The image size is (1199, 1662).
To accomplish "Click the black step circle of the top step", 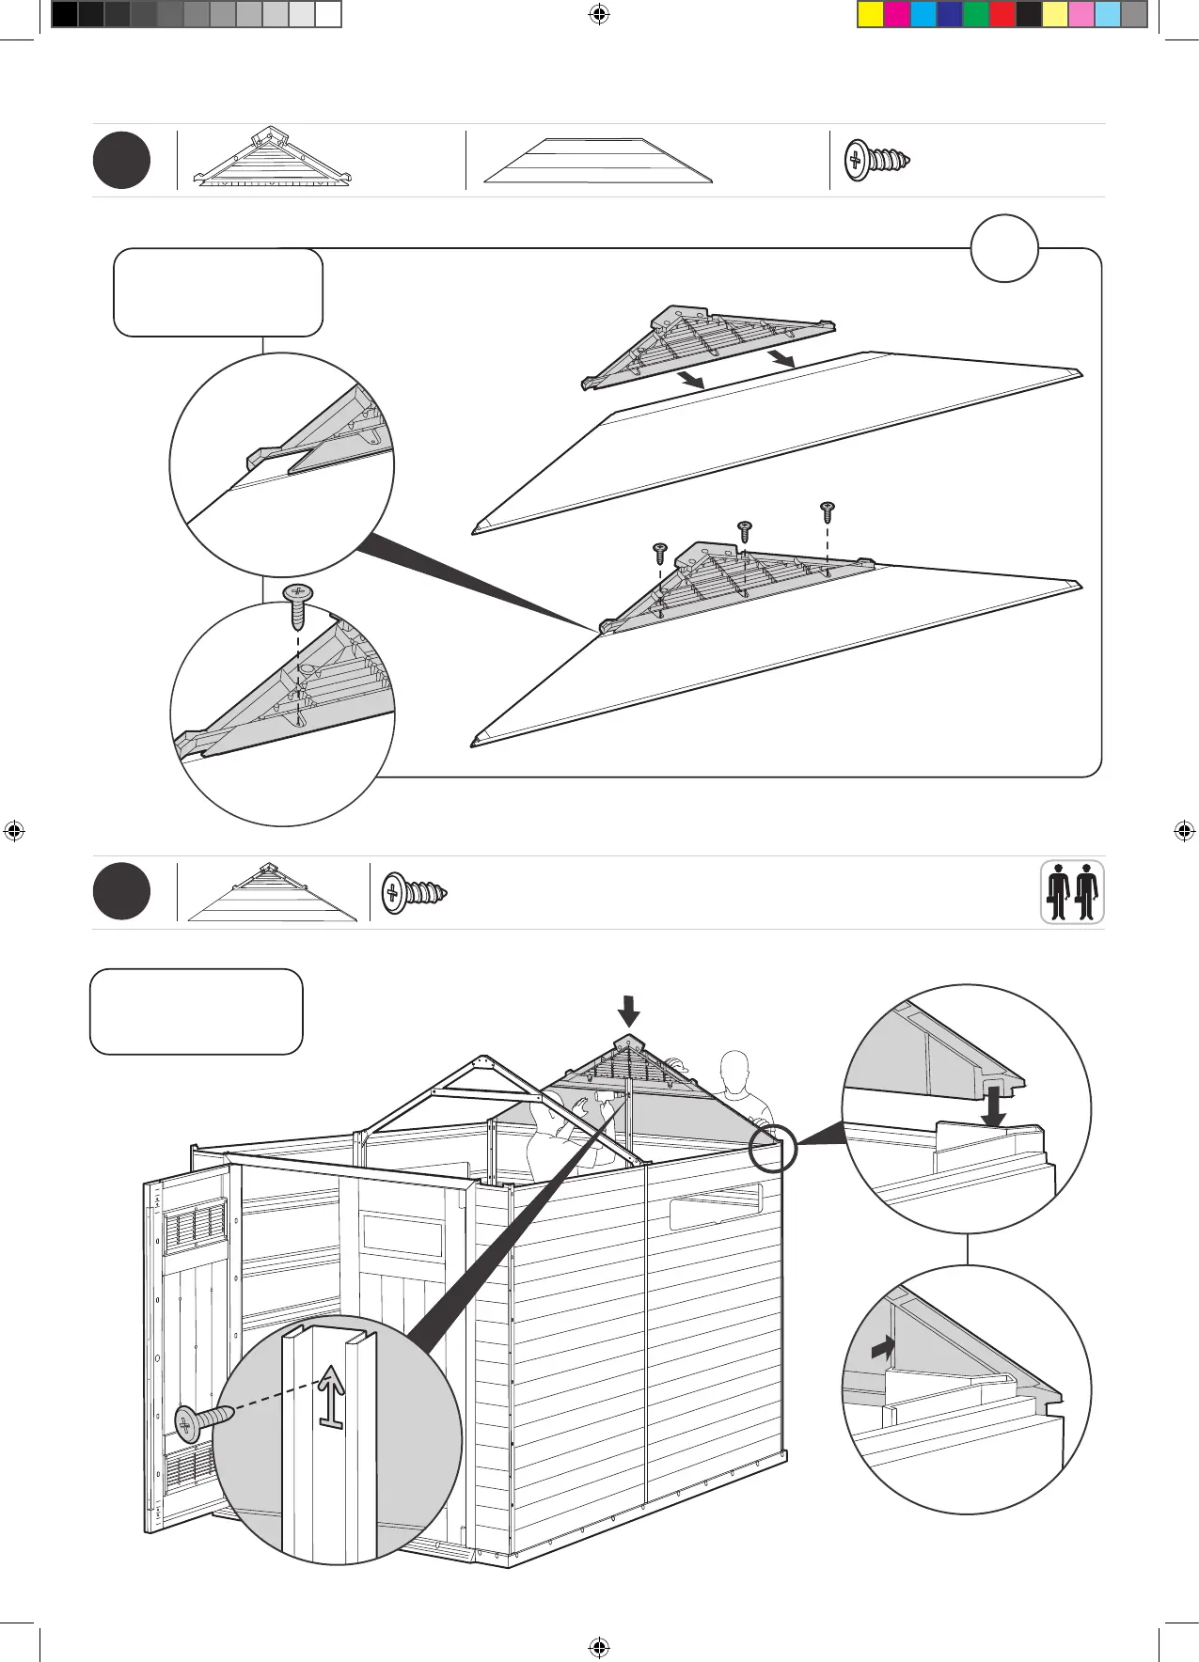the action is [121, 161].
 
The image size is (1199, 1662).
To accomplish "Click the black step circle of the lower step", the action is [121, 891].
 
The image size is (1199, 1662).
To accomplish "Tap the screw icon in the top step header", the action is [876, 160].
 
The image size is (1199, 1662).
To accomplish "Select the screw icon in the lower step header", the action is [414, 892].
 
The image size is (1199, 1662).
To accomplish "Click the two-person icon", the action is [1072, 892].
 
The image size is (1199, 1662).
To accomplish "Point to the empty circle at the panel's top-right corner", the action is [1004, 248].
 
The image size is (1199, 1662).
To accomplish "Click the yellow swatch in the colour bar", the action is [871, 14].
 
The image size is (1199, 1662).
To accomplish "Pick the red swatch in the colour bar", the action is [1002, 14].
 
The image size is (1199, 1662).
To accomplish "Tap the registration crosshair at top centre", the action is [599, 14].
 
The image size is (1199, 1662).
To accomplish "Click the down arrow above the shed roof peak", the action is [629, 1011].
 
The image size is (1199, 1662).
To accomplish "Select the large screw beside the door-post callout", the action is [203, 1420].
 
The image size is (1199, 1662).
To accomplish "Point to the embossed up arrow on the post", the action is [331, 1396].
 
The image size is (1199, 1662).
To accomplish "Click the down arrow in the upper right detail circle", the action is [993, 1105].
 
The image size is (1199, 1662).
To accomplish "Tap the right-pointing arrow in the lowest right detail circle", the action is [882, 1349].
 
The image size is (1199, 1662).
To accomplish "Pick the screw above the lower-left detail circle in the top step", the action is [298, 604].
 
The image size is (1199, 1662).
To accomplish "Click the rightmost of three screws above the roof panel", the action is [828, 512].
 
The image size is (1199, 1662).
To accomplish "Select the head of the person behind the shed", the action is [734, 1070].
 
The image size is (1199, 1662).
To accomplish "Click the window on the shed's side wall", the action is [715, 1207].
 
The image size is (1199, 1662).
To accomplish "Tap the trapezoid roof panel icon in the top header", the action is [598, 161].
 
